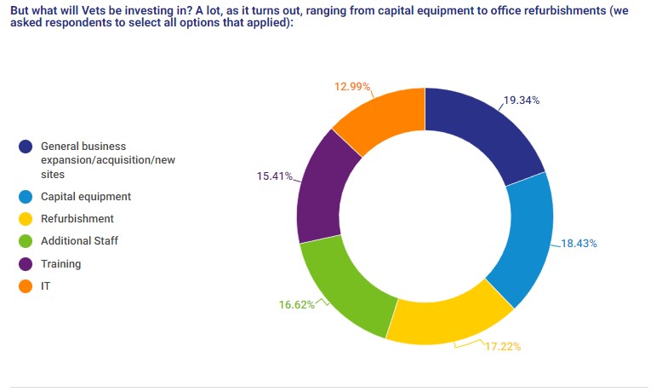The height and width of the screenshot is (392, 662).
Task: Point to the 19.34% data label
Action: click(x=522, y=100)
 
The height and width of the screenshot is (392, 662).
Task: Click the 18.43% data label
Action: click(x=579, y=244)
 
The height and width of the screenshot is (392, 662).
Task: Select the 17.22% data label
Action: click(x=502, y=348)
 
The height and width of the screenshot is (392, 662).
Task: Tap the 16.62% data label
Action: click(x=296, y=304)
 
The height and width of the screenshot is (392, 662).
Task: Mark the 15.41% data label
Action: click(x=274, y=176)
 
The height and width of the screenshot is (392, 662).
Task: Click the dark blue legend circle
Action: click(x=26, y=147)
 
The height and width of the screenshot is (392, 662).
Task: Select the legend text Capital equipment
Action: click(x=86, y=196)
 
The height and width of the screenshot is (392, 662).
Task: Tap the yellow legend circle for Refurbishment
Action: click(x=26, y=219)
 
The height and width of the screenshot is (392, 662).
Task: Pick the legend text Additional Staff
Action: click(x=79, y=241)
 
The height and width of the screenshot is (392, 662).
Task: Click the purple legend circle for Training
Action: click(x=26, y=264)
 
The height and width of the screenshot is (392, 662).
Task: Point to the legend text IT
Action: click(x=46, y=286)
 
